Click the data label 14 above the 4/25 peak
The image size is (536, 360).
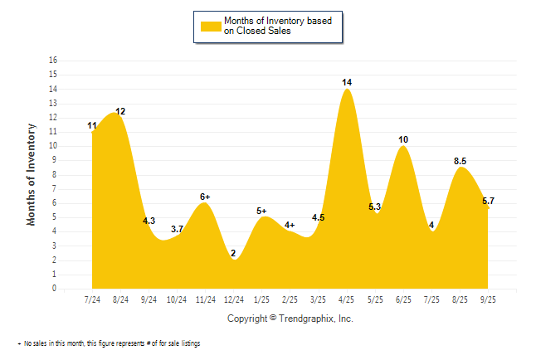tap(347, 82)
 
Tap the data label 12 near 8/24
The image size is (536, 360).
tap(120, 111)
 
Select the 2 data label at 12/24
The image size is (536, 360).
tap(233, 253)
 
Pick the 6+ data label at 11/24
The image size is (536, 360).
tap(205, 197)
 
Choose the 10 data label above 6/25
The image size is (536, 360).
tap(403, 139)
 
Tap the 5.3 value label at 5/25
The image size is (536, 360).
tap(374, 207)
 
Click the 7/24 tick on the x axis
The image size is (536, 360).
tap(93, 299)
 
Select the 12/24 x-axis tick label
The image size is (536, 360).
tap(234, 299)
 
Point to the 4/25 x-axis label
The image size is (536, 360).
tap(347, 299)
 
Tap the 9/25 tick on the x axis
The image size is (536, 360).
tap(488, 299)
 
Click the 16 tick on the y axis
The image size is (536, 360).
tap(54, 61)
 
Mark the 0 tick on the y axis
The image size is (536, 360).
tap(54, 289)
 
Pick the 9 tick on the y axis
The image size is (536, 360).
tap(54, 160)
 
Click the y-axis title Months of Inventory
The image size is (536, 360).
tap(32, 174)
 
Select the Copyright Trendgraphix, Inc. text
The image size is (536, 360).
tap(290, 319)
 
